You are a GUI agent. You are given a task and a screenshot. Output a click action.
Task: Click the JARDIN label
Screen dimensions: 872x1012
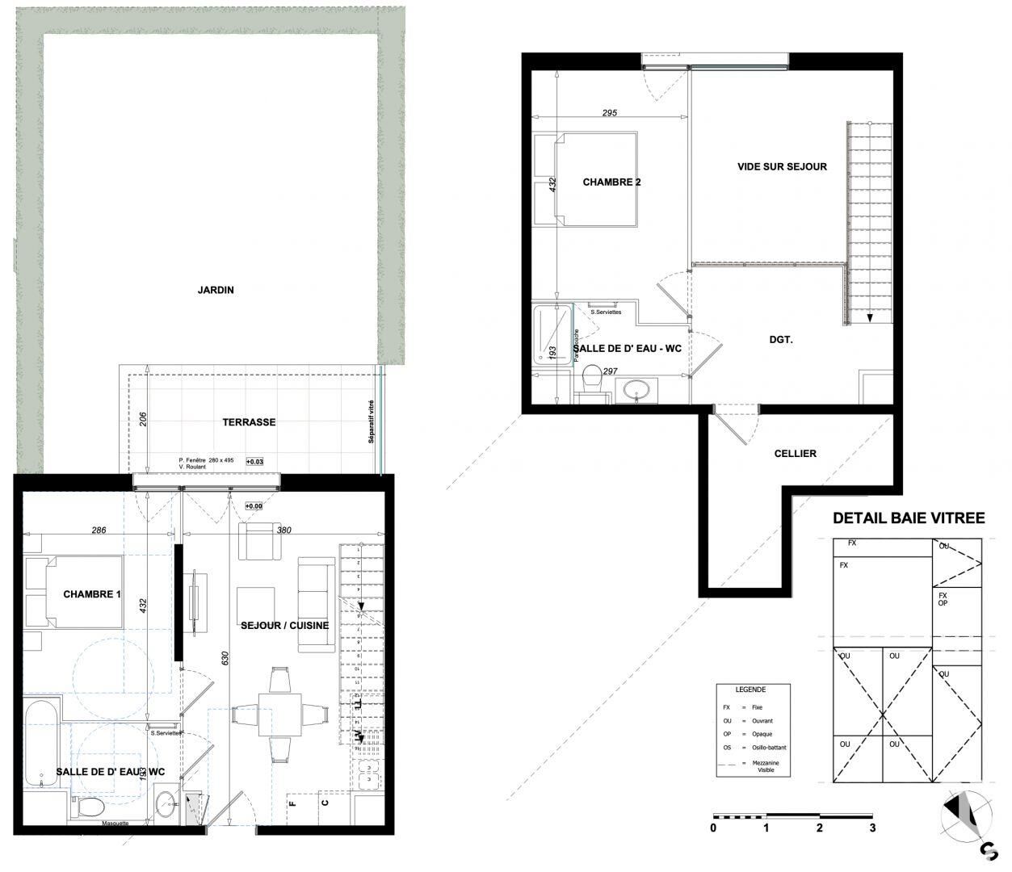coord(216,290)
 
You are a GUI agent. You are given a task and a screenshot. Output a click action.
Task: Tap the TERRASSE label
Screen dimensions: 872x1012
coord(250,422)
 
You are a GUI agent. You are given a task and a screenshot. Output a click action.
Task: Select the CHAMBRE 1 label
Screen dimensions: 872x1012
coord(92,594)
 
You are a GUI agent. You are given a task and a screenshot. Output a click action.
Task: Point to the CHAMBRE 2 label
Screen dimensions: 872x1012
coord(611,182)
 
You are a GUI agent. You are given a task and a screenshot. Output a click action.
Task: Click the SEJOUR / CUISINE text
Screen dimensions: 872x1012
coord(284,626)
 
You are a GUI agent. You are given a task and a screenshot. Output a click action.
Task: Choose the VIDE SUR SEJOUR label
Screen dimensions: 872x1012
coord(782,167)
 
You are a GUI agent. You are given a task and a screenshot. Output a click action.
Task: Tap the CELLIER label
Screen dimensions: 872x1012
coord(796,454)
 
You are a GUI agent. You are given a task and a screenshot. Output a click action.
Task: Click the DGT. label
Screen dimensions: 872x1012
coord(780,341)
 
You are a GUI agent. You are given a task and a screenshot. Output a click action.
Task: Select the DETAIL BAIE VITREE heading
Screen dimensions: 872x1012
coord(909,518)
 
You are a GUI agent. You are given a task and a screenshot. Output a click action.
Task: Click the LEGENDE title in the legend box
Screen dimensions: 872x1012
coord(750,690)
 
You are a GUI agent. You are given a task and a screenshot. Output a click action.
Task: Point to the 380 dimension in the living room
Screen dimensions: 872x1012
coord(283,531)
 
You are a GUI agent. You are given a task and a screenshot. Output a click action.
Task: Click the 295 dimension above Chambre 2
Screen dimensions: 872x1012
coord(609,113)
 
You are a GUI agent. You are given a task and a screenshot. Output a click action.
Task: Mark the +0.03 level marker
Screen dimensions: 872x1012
coord(254,463)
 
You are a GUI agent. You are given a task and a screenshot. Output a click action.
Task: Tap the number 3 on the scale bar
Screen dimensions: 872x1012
coord(871,828)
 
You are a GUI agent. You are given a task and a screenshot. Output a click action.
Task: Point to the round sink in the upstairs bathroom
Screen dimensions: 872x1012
coord(640,390)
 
